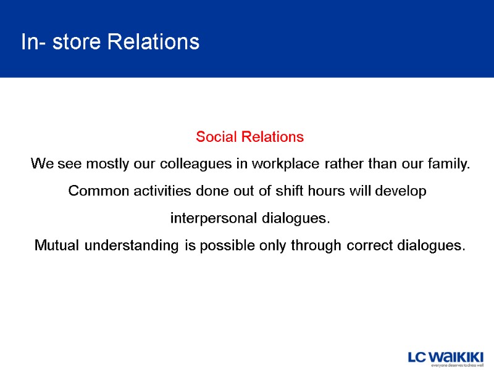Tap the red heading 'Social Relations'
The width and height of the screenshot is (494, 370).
[249, 137]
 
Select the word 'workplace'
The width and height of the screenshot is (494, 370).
[290, 164]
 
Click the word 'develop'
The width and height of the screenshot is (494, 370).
[402, 191]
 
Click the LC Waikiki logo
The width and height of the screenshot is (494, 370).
[446, 357]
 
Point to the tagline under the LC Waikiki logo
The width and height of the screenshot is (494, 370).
[457, 365]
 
